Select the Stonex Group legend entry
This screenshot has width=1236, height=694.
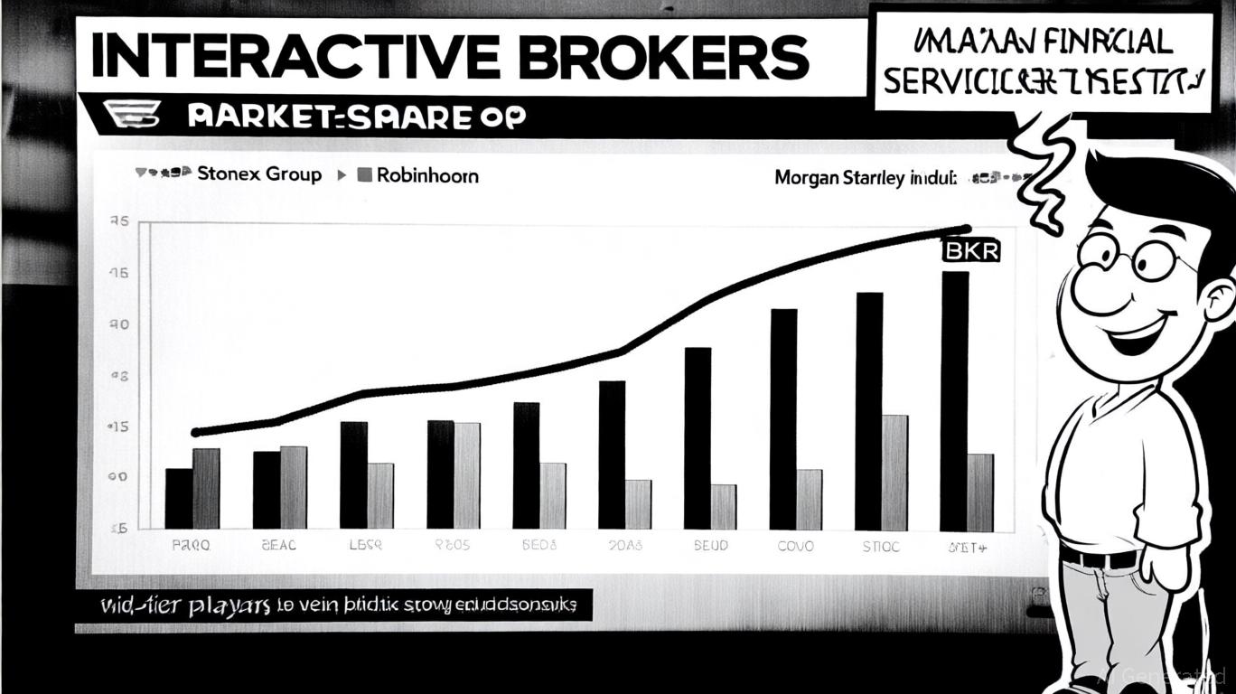[x=258, y=174]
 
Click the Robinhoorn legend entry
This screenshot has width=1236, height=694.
[x=426, y=175]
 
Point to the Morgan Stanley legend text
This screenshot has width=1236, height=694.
[x=865, y=178]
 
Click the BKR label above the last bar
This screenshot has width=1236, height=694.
[x=971, y=250]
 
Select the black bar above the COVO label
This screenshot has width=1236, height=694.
[x=783, y=419]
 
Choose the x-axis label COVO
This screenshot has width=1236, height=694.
[x=795, y=547]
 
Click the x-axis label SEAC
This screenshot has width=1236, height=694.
[x=278, y=547]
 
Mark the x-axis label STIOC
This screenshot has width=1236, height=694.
[x=881, y=547]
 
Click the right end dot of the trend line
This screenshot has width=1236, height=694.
[x=967, y=230]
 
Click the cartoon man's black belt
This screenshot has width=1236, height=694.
[x=1099, y=557]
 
